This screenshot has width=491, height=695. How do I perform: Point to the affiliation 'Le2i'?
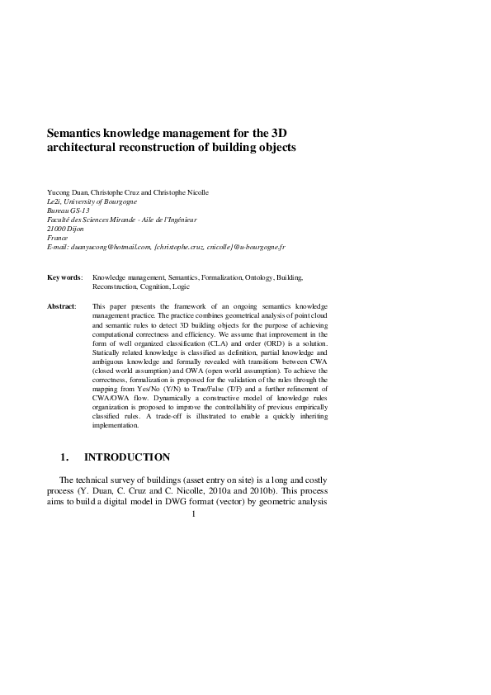click(55, 201)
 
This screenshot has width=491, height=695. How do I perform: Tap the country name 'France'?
click(59, 238)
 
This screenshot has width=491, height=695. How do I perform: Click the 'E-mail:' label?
click(58, 247)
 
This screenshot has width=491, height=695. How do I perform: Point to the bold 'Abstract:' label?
click(62, 306)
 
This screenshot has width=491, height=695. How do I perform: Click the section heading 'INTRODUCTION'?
click(127, 457)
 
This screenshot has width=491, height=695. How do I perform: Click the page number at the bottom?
click(192, 515)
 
